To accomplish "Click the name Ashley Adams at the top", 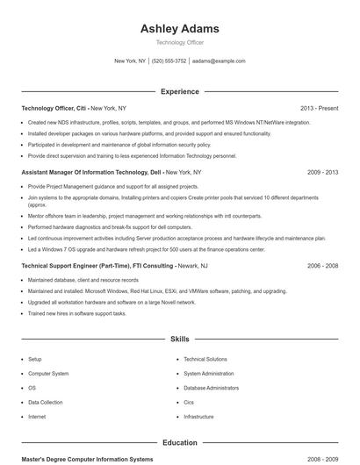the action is [x=180, y=29].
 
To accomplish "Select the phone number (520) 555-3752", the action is [x=169, y=61].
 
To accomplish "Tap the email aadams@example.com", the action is [x=219, y=61].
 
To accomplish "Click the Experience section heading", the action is [x=180, y=91].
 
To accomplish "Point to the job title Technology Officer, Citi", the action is [x=54, y=108].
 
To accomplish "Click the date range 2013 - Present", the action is [x=319, y=108].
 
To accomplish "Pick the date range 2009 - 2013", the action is [x=322, y=173].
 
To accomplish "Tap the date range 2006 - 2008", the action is [x=322, y=265].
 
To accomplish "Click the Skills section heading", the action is [x=180, y=338].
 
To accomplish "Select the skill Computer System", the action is [x=48, y=373].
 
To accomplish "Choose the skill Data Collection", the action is [x=46, y=402].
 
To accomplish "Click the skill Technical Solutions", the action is [x=205, y=359].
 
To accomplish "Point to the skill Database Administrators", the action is [x=211, y=388].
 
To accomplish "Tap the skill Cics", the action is [x=189, y=402].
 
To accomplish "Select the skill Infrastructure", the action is [x=198, y=416].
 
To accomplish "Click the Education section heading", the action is [x=180, y=443].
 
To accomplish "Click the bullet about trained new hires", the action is [x=77, y=313].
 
